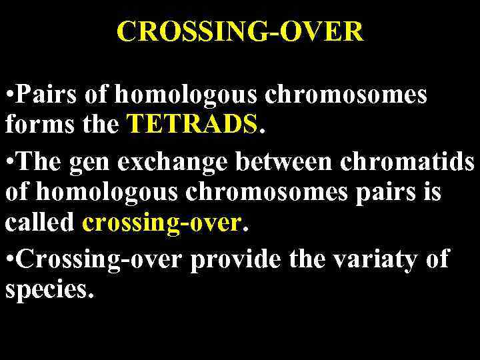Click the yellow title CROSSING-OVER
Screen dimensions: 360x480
tap(240, 31)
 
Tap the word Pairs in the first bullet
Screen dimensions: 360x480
tap(43, 95)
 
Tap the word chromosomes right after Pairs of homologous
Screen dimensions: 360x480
tap(346, 95)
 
